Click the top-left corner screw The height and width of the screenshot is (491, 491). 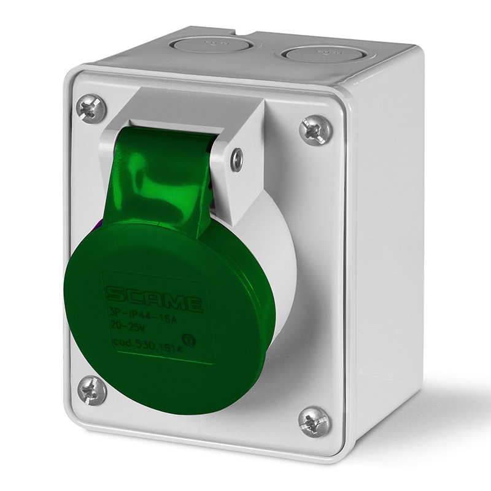click(91, 109)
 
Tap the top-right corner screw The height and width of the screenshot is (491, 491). click(315, 131)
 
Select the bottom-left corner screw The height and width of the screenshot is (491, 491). click(92, 390)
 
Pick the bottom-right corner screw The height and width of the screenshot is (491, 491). click(314, 422)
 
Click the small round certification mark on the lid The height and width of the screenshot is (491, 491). click(190, 339)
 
